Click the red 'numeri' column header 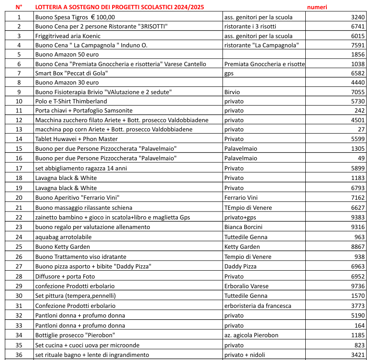(x=317, y=7)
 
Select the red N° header (x=19, y=7)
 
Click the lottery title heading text (x=119, y=7)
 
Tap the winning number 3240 (x=357, y=17)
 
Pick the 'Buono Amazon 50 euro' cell (x=67, y=54)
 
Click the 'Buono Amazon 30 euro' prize (x=67, y=82)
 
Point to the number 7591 (x=357, y=45)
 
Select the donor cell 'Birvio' (x=232, y=92)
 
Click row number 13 (x=19, y=130)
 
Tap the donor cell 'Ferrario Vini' (x=241, y=198)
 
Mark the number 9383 (x=357, y=217)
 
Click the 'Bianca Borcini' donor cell (x=244, y=227)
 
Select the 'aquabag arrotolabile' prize (x=64, y=237)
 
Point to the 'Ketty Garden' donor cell (x=242, y=247)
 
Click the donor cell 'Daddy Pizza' (x=240, y=266)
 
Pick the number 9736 (x=357, y=286)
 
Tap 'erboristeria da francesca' (x=258, y=306)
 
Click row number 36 (x=19, y=355)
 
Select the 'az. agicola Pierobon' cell (x=251, y=335)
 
